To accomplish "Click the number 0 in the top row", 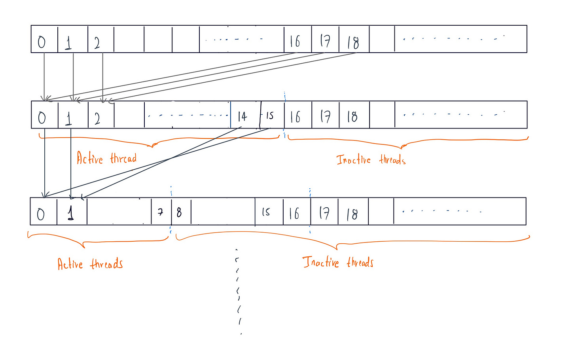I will (x=42, y=42).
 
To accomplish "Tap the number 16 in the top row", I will (x=295, y=41).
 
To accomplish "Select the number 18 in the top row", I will (x=353, y=42).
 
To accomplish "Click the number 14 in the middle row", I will (x=242, y=116).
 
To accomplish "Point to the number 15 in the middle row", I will (x=270, y=116).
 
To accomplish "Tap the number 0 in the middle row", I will (x=42, y=117).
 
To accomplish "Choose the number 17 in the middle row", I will (x=325, y=117).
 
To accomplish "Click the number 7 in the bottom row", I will (x=161, y=212).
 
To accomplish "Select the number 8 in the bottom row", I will (x=179, y=212).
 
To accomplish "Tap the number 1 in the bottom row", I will (x=70, y=213).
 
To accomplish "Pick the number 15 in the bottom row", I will (x=266, y=212).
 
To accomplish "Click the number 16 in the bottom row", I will (x=294, y=214).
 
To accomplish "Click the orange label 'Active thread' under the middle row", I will (x=106, y=158).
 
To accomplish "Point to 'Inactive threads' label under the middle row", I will (x=371, y=160).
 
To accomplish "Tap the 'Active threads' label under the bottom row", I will (x=90, y=264).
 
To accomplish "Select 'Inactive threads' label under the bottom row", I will (x=338, y=262).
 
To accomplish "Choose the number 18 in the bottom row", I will (x=352, y=214).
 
